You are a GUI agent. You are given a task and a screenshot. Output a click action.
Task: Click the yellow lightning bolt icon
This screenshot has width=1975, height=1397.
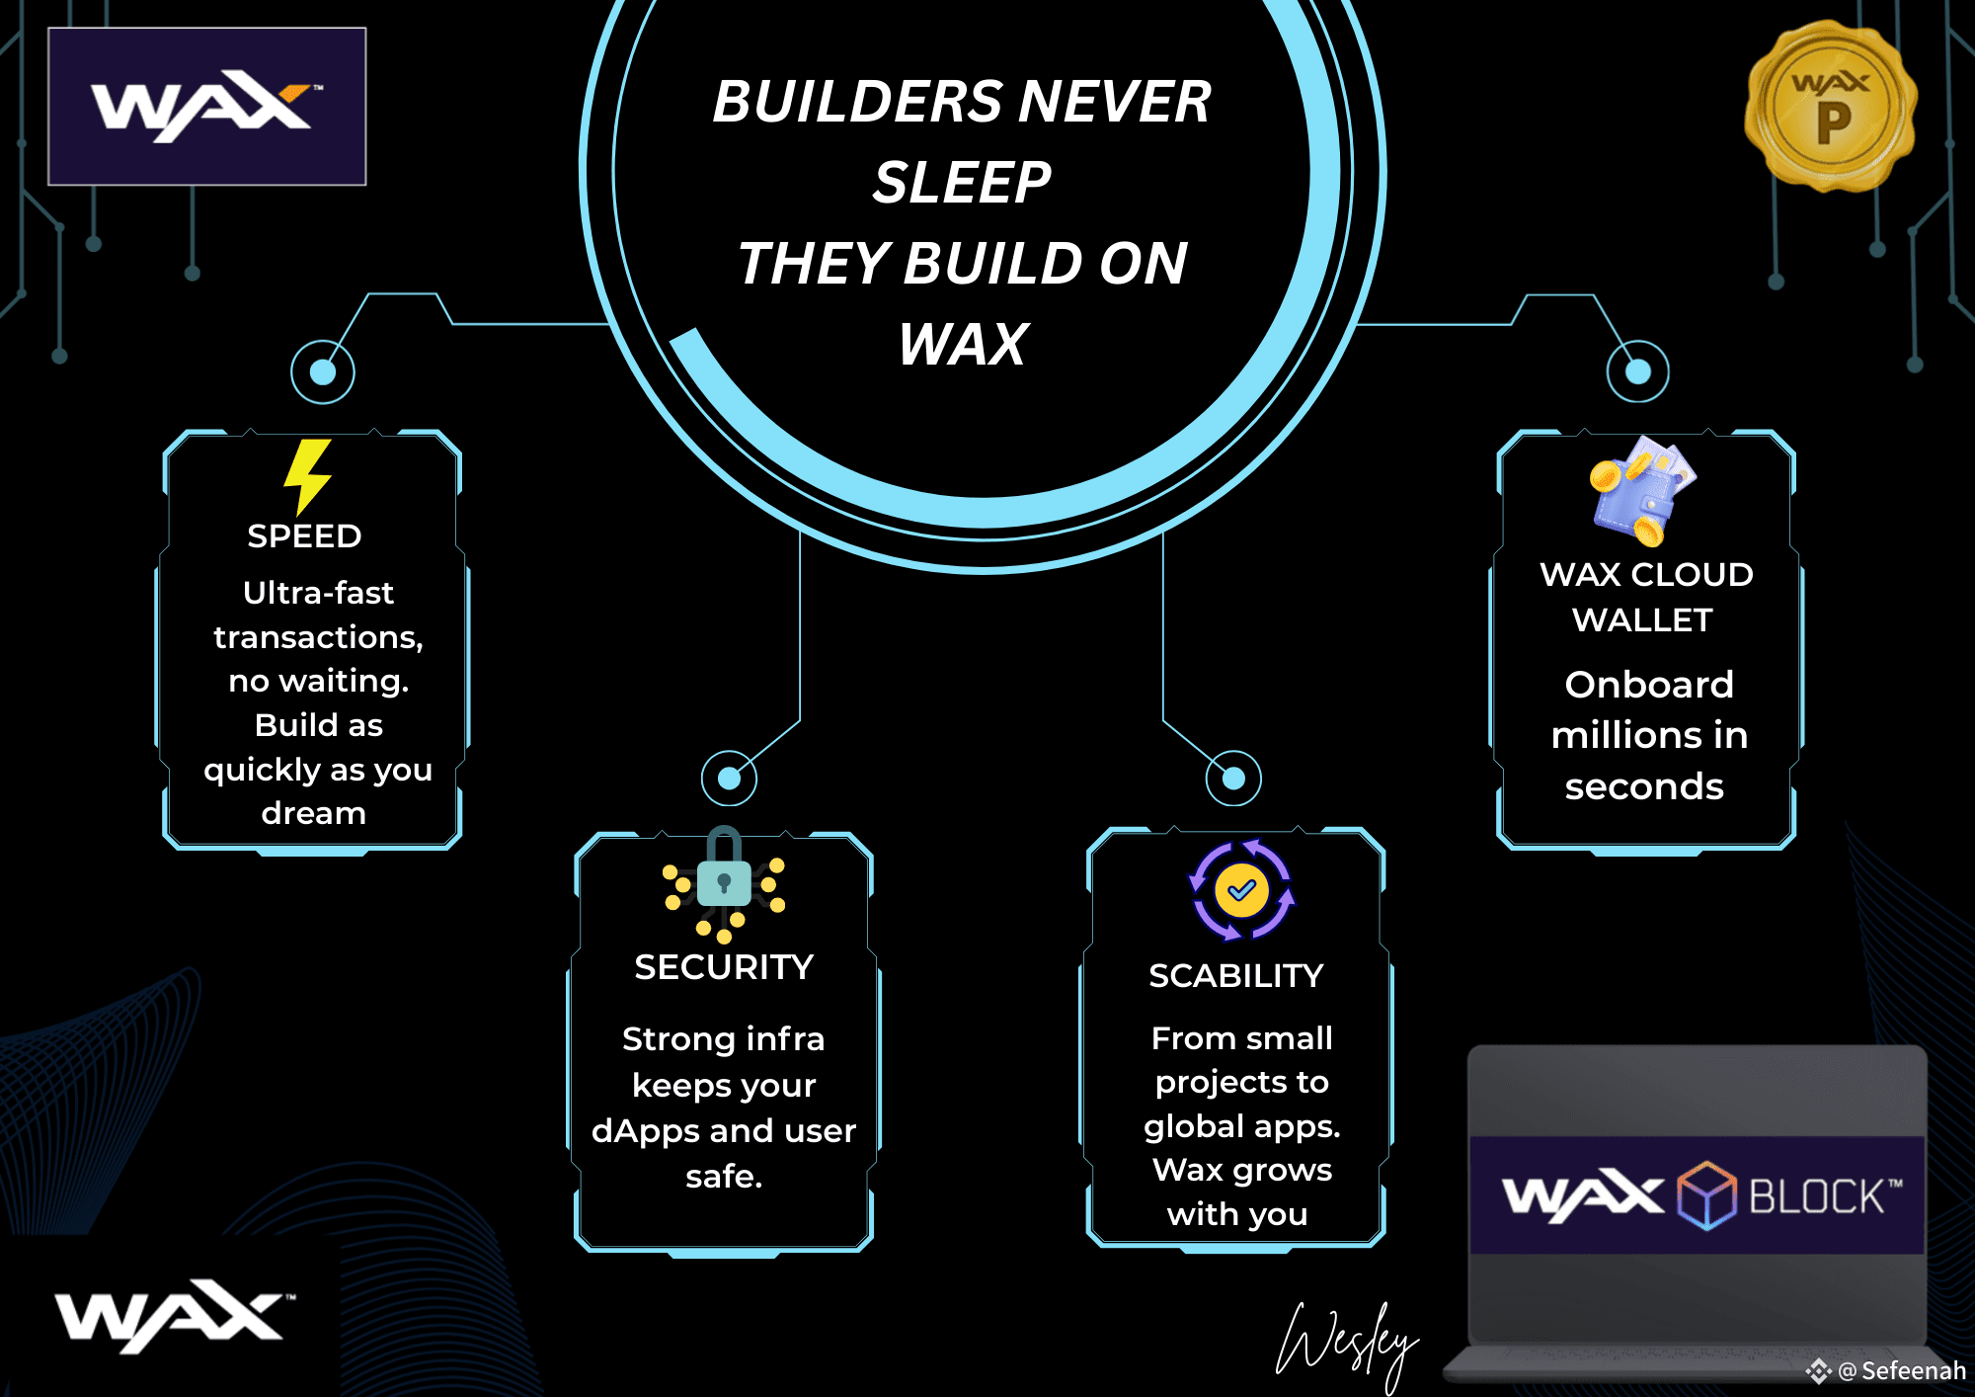click(x=307, y=476)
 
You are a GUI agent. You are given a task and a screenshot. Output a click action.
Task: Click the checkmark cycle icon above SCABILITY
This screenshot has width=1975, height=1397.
click(x=1241, y=891)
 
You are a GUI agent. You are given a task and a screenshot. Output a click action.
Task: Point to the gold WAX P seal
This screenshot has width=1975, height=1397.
click(x=1831, y=106)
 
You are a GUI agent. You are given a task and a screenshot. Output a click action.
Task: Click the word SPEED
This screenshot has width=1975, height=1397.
click(x=304, y=536)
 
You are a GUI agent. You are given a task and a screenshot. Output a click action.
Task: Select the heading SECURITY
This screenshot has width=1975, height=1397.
click(x=724, y=967)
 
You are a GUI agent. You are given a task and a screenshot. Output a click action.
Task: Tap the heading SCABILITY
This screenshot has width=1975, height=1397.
click(x=1235, y=976)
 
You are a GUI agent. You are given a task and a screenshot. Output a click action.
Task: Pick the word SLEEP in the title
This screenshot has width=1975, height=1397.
click(x=962, y=183)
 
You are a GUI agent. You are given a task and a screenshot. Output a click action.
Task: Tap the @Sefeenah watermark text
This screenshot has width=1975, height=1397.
click(x=1912, y=1371)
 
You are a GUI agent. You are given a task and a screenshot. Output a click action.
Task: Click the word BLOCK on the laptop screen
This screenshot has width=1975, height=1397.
click(x=1817, y=1196)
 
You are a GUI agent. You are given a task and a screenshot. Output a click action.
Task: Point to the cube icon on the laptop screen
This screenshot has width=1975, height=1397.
click(x=1706, y=1195)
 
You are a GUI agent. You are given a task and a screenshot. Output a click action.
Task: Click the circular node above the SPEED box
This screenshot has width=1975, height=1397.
click(x=323, y=372)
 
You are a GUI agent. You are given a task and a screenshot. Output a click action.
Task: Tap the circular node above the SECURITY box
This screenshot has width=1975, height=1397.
click(x=729, y=779)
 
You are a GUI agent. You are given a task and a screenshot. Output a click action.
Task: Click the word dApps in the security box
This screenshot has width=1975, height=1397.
click(x=635, y=1131)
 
